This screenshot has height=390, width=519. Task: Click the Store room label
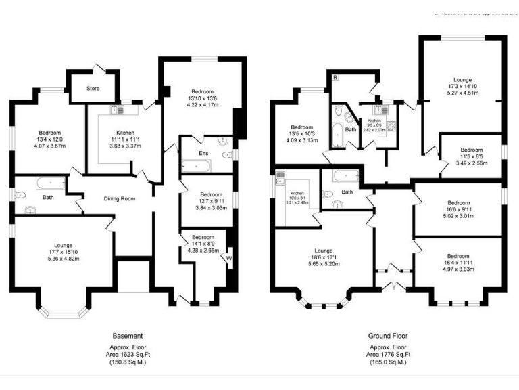(x=93, y=89)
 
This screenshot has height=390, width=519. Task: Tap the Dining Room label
(x=120, y=198)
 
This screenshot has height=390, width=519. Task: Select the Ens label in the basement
(x=203, y=154)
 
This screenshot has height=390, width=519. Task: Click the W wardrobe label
(x=229, y=257)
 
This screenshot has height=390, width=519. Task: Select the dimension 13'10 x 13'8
(x=202, y=98)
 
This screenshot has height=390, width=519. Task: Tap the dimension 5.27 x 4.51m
(x=463, y=93)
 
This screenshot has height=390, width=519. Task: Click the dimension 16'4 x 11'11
(x=457, y=263)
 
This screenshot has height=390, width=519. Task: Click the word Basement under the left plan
(x=128, y=336)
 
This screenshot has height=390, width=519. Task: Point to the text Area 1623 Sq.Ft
(x=128, y=354)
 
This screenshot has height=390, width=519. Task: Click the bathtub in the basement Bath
(x=50, y=183)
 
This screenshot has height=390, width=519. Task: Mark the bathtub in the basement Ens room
(x=196, y=166)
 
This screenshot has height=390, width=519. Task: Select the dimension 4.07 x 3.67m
(x=49, y=146)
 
